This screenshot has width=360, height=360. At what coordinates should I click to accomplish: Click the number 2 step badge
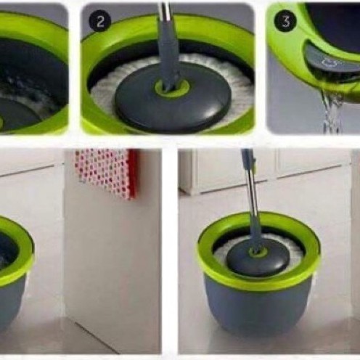[100, 22]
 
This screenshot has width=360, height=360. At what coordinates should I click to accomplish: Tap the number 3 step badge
[286, 21]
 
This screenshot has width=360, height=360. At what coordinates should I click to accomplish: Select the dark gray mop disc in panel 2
[172, 99]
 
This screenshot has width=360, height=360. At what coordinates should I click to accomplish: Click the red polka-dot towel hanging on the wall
[107, 173]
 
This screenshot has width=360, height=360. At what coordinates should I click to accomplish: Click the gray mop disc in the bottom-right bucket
[258, 260]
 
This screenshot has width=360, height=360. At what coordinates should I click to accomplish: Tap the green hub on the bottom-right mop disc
[258, 253]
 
